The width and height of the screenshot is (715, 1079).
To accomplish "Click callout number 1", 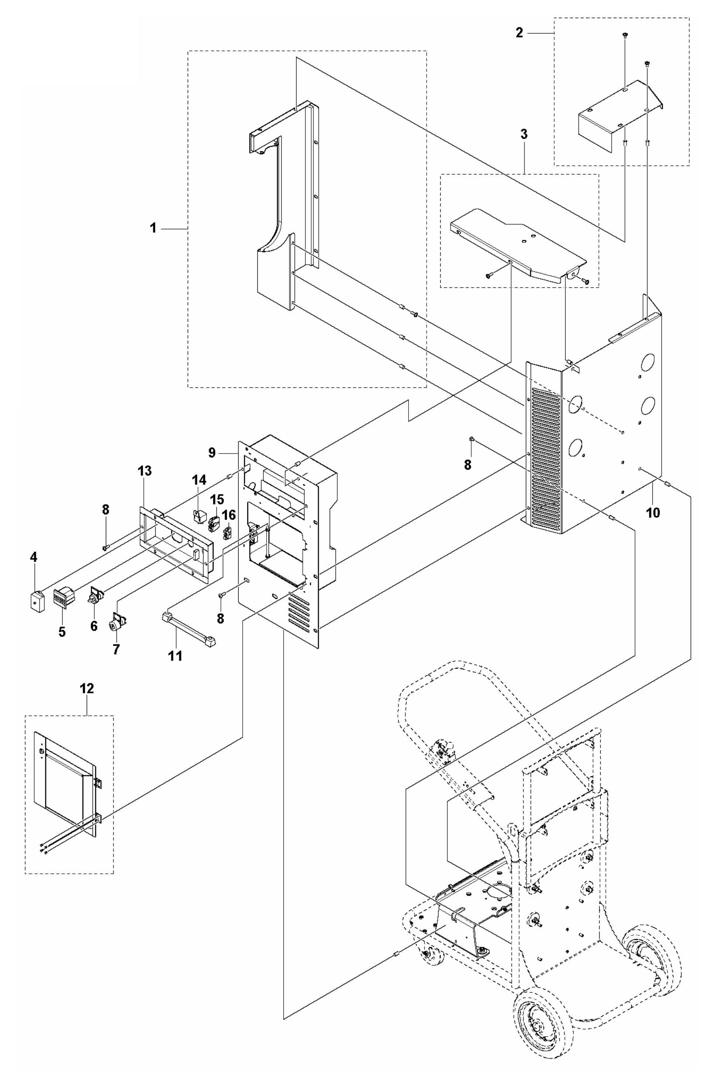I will pyautogui.click(x=154, y=228).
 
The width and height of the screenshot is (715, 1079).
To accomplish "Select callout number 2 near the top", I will pyautogui.click(x=519, y=34).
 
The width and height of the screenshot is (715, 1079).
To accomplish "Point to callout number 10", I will pyautogui.click(x=653, y=513).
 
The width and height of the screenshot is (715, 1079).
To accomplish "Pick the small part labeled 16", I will pyautogui.click(x=228, y=532).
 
